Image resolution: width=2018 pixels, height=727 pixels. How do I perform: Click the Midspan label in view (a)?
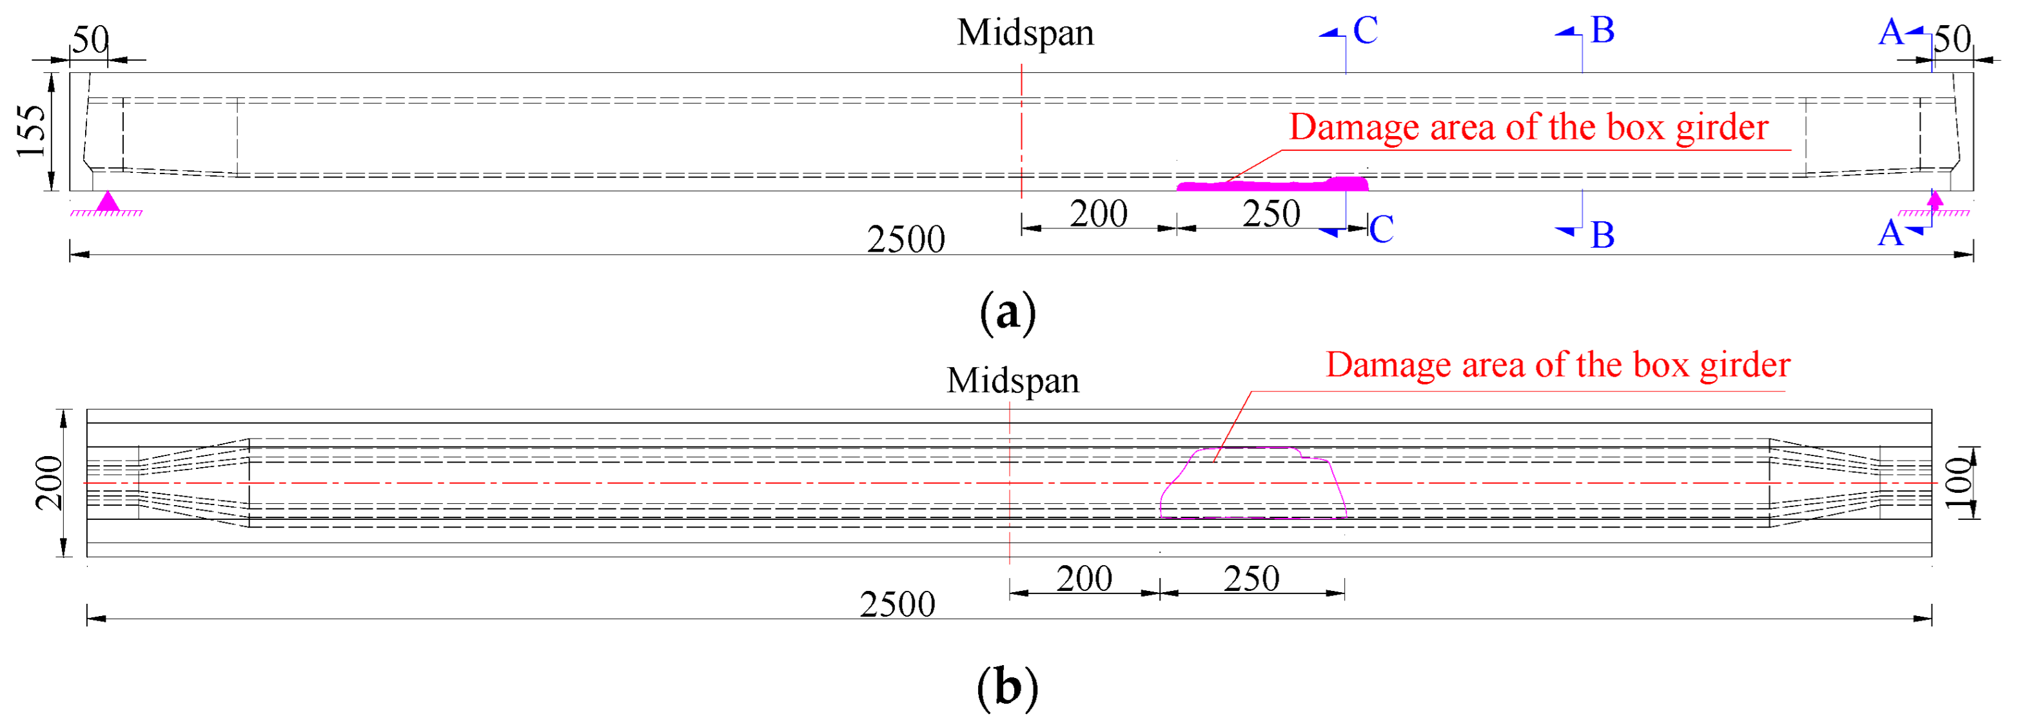click(x=1024, y=34)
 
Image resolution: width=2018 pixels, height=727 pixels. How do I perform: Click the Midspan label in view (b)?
click(x=1012, y=381)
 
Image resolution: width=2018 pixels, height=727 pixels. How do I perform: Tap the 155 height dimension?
click(x=32, y=131)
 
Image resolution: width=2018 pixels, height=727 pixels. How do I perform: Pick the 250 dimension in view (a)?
click(x=1271, y=214)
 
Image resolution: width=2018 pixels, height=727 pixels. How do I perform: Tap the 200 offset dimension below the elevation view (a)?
click(x=1099, y=214)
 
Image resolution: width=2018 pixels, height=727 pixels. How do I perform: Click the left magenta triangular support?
click(x=106, y=202)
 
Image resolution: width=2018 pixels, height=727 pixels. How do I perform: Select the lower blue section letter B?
click(x=1602, y=235)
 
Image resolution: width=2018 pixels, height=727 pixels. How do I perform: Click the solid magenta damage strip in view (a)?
click(x=1273, y=186)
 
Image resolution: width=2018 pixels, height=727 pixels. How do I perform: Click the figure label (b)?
click(x=1008, y=688)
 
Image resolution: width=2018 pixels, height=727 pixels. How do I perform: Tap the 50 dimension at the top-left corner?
click(x=90, y=40)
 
